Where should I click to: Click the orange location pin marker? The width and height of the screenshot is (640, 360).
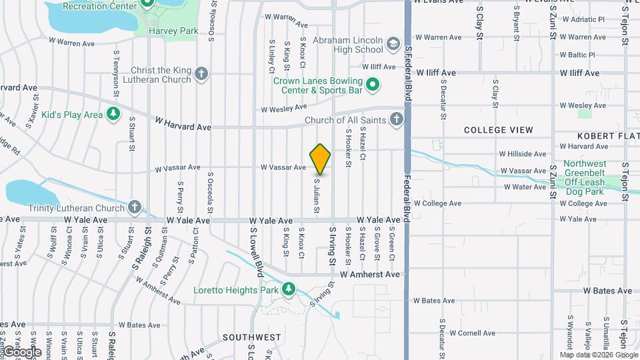tap(321, 159)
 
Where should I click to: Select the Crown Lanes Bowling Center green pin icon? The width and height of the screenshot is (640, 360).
tap(373, 85)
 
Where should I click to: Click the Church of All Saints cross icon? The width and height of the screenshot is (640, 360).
tap(397, 120)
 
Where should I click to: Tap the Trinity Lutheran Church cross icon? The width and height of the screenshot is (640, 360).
tap(135, 207)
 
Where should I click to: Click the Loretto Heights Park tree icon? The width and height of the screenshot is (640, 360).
tap(289, 289)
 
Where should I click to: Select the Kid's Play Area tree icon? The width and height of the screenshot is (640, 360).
tap(114, 114)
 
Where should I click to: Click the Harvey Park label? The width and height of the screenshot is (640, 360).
tap(174, 31)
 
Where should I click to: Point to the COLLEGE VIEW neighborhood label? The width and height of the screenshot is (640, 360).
tap(499, 129)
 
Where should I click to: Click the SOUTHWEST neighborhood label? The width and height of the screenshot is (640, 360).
tap(251, 337)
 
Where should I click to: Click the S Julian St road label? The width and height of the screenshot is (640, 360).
tap(317, 196)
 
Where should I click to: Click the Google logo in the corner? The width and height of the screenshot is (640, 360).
tap(22, 352)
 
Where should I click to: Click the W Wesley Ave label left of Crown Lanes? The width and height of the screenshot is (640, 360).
tap(283, 108)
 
